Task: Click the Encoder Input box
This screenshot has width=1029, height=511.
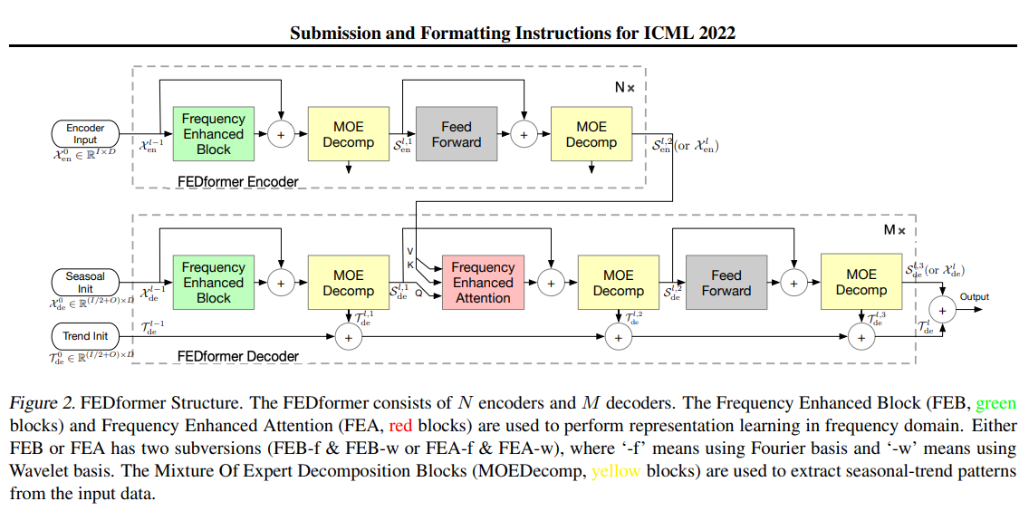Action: pos(85,134)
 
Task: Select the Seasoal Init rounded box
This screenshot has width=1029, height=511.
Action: pos(85,283)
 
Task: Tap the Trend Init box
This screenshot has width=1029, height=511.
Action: pos(85,336)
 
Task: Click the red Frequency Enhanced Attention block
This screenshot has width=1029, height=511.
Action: pos(483,283)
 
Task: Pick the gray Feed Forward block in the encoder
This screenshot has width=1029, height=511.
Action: pos(457,134)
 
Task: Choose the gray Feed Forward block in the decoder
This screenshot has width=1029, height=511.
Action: pos(726,283)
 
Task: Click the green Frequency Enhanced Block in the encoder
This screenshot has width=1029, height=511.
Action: pos(213,134)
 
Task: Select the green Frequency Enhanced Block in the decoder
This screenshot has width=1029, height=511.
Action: pos(213,283)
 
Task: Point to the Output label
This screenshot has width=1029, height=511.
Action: pos(975,297)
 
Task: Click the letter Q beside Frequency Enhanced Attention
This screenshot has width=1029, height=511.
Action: pos(418,294)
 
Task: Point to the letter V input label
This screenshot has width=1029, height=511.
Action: pos(410,250)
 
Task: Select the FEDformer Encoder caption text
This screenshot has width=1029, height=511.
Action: pos(237,182)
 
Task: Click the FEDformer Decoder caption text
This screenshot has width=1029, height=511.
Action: pos(237,356)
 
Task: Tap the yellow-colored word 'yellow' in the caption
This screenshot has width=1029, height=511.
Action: pos(616,471)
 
